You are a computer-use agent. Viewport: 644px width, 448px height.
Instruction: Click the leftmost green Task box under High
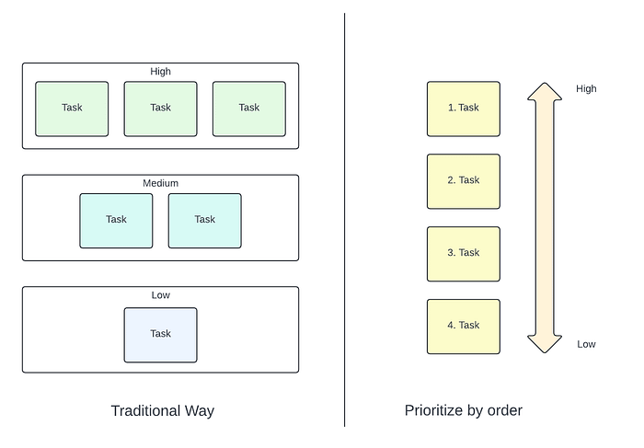(x=72, y=109)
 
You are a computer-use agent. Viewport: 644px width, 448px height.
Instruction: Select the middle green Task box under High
(x=160, y=109)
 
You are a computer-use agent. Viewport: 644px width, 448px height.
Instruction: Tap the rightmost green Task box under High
(x=248, y=109)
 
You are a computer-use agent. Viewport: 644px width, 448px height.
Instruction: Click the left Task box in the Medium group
(x=116, y=220)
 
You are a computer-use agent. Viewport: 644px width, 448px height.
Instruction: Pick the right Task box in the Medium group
(x=204, y=220)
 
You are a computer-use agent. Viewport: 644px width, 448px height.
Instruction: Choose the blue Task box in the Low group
(x=160, y=334)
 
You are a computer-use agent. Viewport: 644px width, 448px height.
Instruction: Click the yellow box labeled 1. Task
(x=463, y=109)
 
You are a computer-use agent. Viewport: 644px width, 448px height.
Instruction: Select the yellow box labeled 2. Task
(x=463, y=180)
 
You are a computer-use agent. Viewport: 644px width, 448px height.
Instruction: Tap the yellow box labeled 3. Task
(x=463, y=253)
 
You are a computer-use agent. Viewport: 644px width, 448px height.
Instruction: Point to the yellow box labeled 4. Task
(x=463, y=326)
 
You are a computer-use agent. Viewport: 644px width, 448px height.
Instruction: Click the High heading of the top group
(x=160, y=71)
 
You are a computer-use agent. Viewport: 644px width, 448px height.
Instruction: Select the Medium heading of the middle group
(x=160, y=183)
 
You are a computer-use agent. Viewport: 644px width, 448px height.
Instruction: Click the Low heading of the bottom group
(x=160, y=295)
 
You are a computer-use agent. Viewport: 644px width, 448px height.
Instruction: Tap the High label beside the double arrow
(x=586, y=89)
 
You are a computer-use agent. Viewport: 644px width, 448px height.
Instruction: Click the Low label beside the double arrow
(x=586, y=344)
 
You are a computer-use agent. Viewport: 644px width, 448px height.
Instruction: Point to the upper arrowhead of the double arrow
(x=544, y=92)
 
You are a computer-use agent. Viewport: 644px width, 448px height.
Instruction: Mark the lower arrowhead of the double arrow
(x=544, y=342)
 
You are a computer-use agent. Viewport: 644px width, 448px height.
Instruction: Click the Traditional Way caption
(x=162, y=410)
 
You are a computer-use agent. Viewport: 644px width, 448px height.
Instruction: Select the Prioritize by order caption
(x=463, y=410)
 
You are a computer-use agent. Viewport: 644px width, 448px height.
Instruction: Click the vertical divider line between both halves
(x=345, y=221)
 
